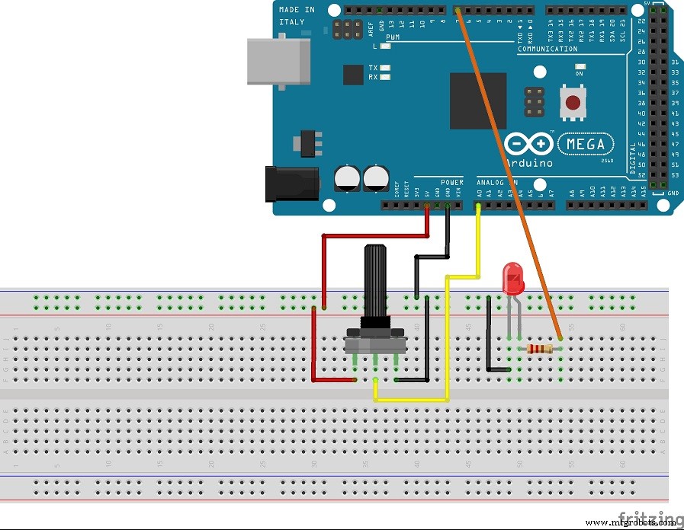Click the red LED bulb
[x=513, y=279]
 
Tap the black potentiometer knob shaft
[x=377, y=286]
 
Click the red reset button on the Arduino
[x=573, y=102]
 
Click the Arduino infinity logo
[x=528, y=144]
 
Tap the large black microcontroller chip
[x=477, y=101]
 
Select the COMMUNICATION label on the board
[x=547, y=49]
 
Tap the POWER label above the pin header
[x=451, y=183]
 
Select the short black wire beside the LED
[x=489, y=335]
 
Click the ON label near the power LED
[x=579, y=75]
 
